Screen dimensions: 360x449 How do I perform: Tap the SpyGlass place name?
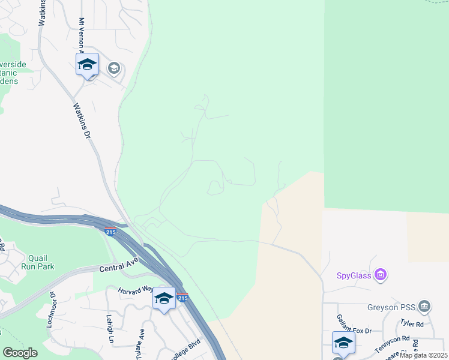[353, 276]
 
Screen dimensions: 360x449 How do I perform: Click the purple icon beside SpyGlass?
[380, 275]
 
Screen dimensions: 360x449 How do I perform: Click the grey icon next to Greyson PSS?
[424, 307]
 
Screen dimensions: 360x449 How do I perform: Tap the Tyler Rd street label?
[411, 324]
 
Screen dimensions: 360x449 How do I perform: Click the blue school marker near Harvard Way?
[164, 299]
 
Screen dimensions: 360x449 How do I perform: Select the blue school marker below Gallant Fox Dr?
[343, 343]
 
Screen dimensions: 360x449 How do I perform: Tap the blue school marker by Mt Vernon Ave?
[87, 65]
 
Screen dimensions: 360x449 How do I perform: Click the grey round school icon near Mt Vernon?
[113, 68]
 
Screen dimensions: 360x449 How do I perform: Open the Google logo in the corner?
[20, 353]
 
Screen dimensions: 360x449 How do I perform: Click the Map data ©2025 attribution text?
[424, 355]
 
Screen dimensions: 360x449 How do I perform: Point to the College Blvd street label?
[186, 349]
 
